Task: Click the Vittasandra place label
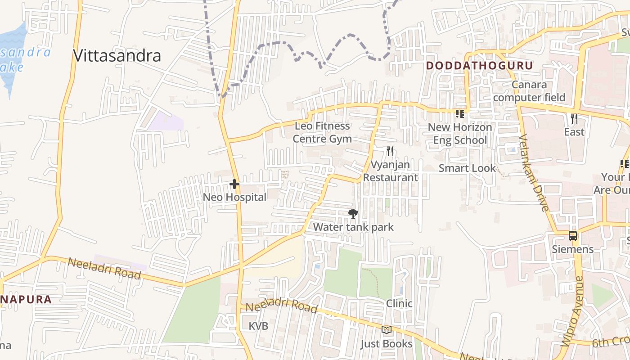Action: point(117,56)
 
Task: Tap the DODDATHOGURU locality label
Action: point(479,66)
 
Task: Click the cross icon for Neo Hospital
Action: point(234,184)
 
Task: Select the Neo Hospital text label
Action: point(234,197)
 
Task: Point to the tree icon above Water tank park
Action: point(353,214)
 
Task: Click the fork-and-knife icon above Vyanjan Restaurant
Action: point(390,151)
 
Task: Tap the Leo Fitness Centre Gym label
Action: point(322,132)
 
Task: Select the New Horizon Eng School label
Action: point(459,134)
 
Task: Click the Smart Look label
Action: point(467,168)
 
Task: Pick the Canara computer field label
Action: point(529,91)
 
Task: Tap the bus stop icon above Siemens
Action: point(572,236)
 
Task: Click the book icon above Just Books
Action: point(386,330)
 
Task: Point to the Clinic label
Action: point(399,304)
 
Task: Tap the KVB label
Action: point(258,326)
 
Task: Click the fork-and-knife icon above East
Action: point(574,119)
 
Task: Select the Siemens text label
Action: point(572,249)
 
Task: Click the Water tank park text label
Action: point(353,227)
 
